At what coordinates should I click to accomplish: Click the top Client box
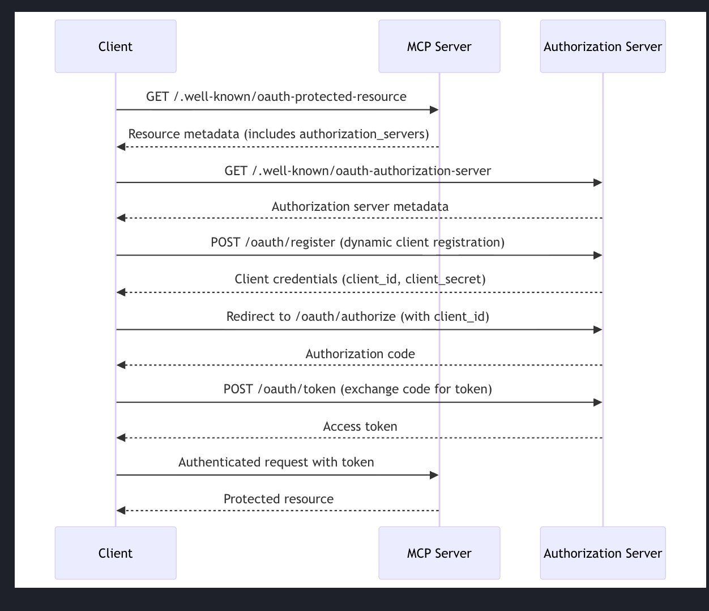(x=116, y=46)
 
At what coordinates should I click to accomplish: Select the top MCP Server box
(x=439, y=46)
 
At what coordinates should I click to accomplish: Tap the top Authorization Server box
(x=603, y=46)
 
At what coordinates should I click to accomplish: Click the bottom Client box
(x=116, y=553)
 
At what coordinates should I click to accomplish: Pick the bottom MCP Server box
(x=439, y=553)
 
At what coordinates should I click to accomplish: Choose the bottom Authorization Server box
(x=603, y=553)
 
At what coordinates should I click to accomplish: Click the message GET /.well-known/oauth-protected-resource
(x=276, y=97)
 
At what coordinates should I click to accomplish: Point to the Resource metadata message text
(x=279, y=134)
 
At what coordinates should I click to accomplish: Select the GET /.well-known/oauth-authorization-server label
(x=358, y=171)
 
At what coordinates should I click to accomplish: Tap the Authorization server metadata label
(x=360, y=207)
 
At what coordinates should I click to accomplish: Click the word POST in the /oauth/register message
(x=225, y=243)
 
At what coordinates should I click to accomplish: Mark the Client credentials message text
(x=360, y=279)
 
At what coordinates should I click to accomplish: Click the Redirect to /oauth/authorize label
(x=358, y=316)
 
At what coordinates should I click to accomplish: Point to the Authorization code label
(x=360, y=354)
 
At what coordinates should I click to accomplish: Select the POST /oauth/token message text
(x=358, y=389)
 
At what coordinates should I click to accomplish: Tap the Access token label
(x=360, y=427)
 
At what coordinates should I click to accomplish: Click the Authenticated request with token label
(x=276, y=463)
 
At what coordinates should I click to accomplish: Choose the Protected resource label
(x=279, y=499)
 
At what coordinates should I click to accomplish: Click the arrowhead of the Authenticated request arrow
(x=434, y=475)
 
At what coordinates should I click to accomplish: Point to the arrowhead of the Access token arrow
(x=121, y=438)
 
